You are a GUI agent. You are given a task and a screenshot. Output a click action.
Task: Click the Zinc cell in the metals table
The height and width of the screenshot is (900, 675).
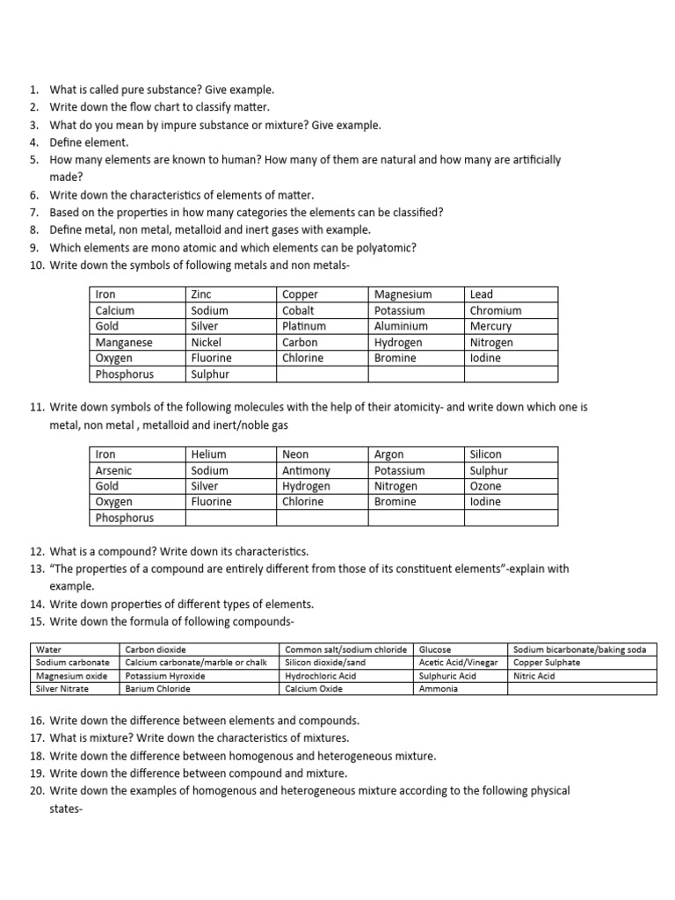[202, 294]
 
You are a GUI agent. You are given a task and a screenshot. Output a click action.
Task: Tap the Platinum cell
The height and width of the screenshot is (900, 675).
[302, 326]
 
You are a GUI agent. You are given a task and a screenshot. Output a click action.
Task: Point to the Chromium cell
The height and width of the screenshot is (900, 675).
[495, 310]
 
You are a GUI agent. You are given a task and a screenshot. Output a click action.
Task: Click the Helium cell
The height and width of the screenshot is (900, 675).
[208, 454]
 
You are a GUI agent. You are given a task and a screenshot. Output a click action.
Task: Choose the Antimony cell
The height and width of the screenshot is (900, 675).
[306, 470]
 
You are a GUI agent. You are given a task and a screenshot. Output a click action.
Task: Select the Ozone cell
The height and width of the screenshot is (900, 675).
[486, 486]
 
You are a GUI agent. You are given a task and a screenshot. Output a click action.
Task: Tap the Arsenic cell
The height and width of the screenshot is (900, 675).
[113, 470]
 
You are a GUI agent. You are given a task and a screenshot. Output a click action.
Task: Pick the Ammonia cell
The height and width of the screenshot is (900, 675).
[439, 689]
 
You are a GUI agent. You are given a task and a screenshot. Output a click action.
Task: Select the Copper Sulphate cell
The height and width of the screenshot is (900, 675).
[547, 663]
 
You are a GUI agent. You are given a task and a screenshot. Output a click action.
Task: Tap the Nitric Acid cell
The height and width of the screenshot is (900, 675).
[533, 676]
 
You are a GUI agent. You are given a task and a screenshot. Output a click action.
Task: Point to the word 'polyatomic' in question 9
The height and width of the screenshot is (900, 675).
[390, 248]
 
